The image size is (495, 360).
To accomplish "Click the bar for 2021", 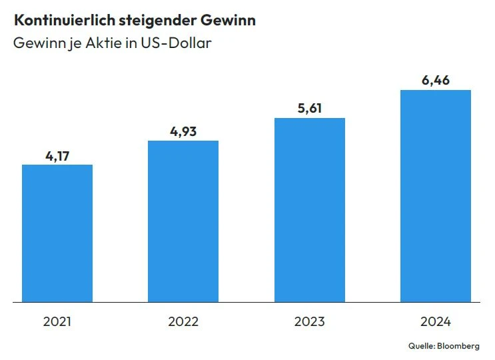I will click(57, 233).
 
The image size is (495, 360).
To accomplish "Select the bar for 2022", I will click(183, 221).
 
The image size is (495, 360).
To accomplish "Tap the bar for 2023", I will click(310, 210).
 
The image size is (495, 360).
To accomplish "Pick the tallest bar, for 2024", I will click(436, 196).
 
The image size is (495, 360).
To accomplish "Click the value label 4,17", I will click(57, 156).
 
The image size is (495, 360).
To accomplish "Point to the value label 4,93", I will click(183, 131).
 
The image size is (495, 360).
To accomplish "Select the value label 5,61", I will click(310, 109).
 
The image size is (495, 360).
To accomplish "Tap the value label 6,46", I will click(436, 81).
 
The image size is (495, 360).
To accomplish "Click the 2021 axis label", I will click(57, 322).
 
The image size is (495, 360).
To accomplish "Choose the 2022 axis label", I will click(183, 322).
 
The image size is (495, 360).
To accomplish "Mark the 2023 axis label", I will click(310, 322).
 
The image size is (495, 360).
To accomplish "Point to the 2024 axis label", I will click(436, 322).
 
